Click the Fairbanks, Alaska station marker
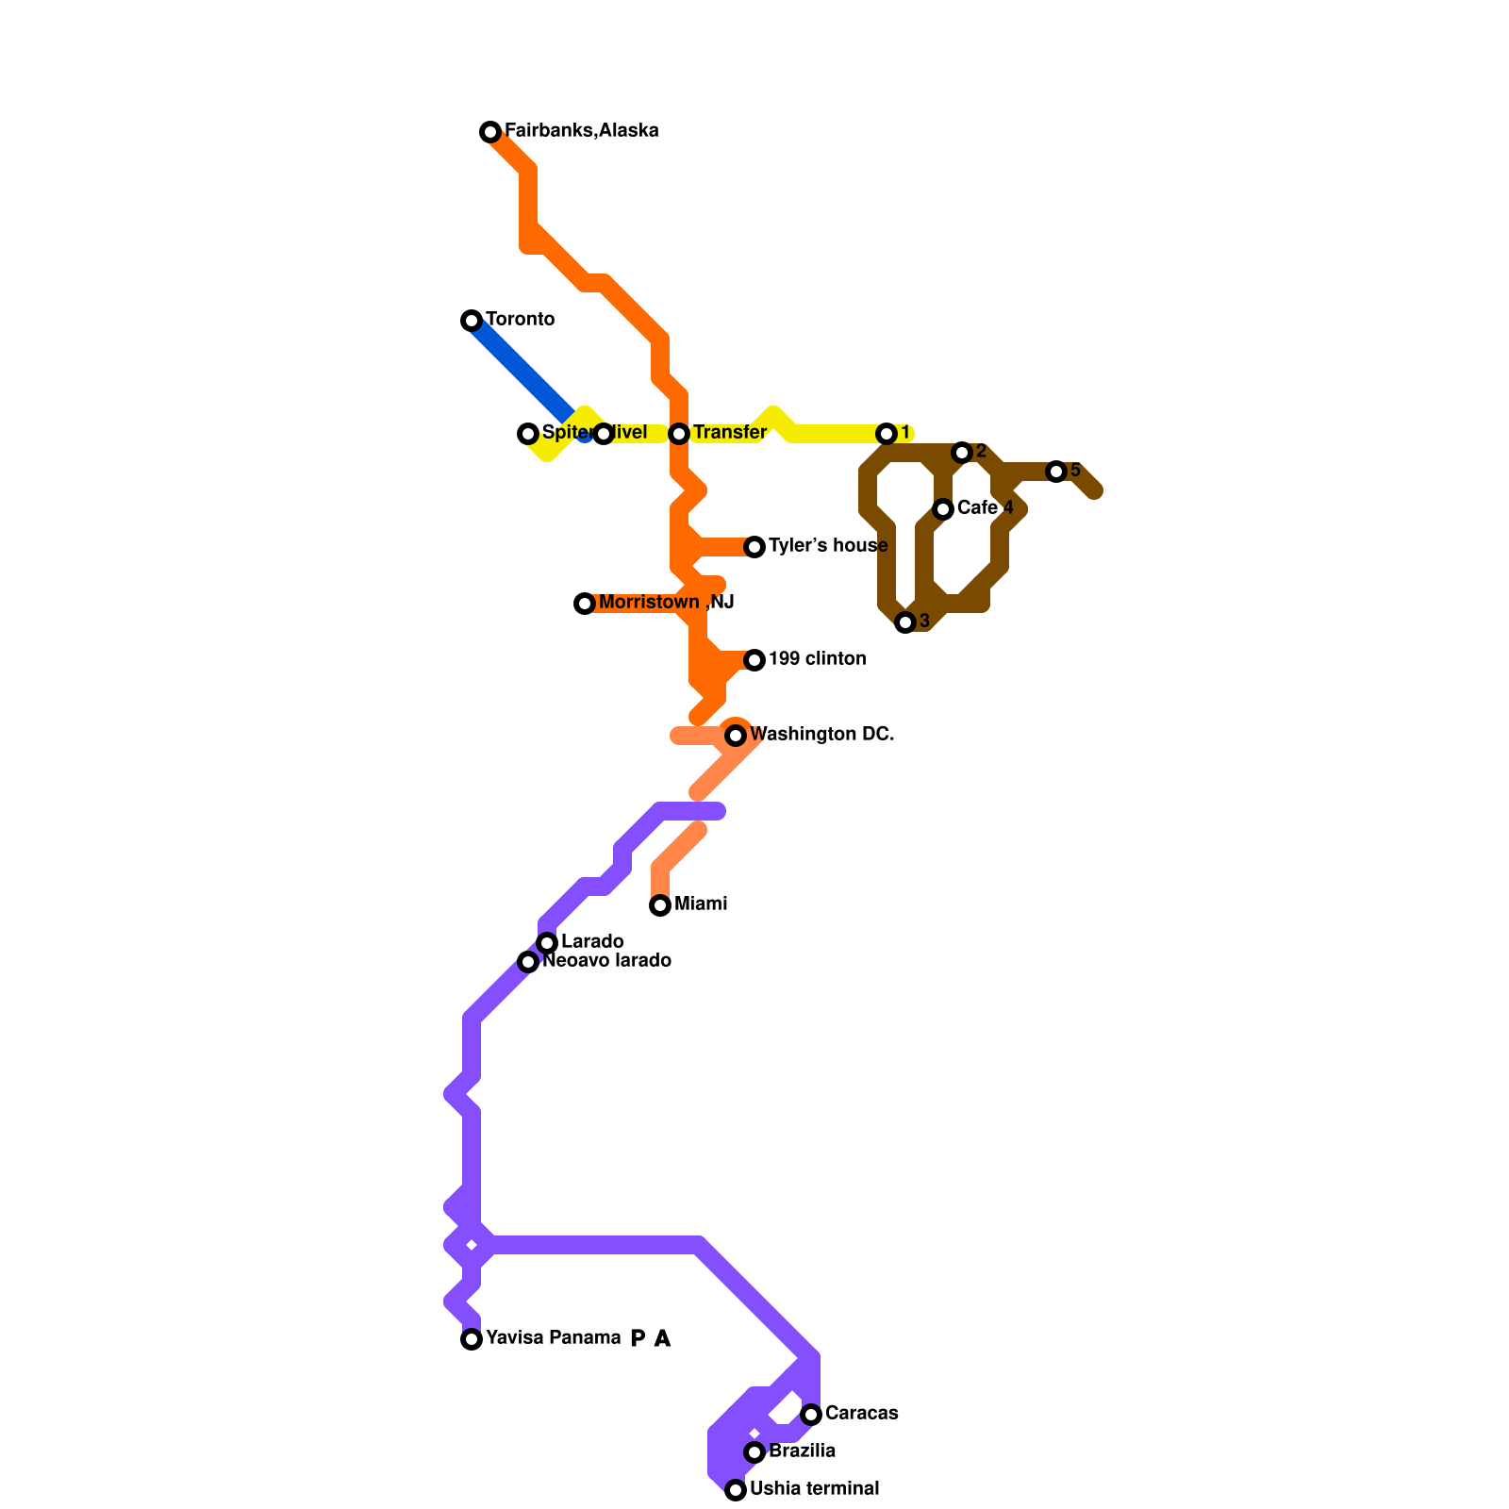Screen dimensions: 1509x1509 tap(490, 132)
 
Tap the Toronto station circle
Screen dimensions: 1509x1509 tap(472, 321)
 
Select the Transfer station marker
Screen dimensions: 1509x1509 tap(679, 434)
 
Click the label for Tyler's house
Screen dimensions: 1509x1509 tap(827, 546)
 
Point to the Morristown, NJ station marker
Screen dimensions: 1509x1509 tap(585, 604)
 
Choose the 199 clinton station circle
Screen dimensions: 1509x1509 tap(754, 660)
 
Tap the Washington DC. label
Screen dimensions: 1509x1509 tap(821, 735)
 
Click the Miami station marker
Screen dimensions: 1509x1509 tap(660, 905)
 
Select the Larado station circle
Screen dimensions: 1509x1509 tap(547, 943)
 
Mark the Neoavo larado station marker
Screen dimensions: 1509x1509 tap(528, 962)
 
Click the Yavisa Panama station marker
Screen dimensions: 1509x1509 tap(472, 1339)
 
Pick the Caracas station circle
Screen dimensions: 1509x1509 tap(811, 1415)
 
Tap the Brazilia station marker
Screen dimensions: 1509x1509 tap(754, 1452)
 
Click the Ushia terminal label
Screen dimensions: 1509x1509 tap(814, 1489)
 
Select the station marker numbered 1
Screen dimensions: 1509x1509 tap(887, 434)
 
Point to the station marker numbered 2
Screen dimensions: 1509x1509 tap(962, 453)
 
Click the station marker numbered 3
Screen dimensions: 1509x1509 tap(905, 622)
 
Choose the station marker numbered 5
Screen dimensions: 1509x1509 tap(1056, 472)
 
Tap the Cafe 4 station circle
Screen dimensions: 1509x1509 tap(943, 509)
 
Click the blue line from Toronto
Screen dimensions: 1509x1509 tap(519, 368)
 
